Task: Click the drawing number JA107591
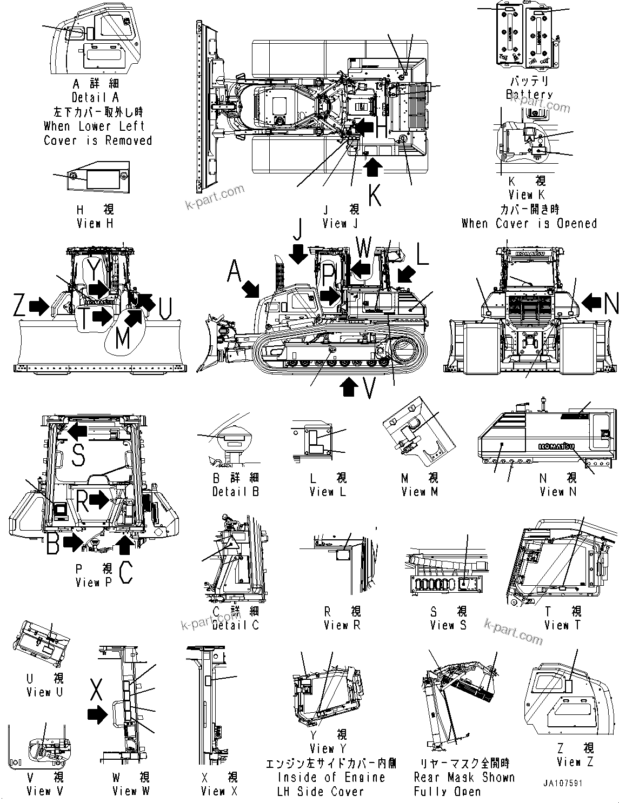(x=564, y=781)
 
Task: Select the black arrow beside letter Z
(x=38, y=307)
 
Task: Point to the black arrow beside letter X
(x=97, y=714)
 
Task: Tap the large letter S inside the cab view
(x=78, y=454)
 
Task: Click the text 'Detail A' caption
(x=95, y=98)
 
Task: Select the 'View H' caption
(x=95, y=223)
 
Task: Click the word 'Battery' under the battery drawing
(x=529, y=95)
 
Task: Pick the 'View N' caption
(x=558, y=492)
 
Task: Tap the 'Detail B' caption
(x=235, y=492)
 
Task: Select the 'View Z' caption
(x=575, y=762)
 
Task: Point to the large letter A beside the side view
(x=235, y=271)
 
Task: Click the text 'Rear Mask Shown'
(x=464, y=778)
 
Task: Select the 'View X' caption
(x=219, y=791)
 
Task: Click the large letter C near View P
(x=125, y=573)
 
